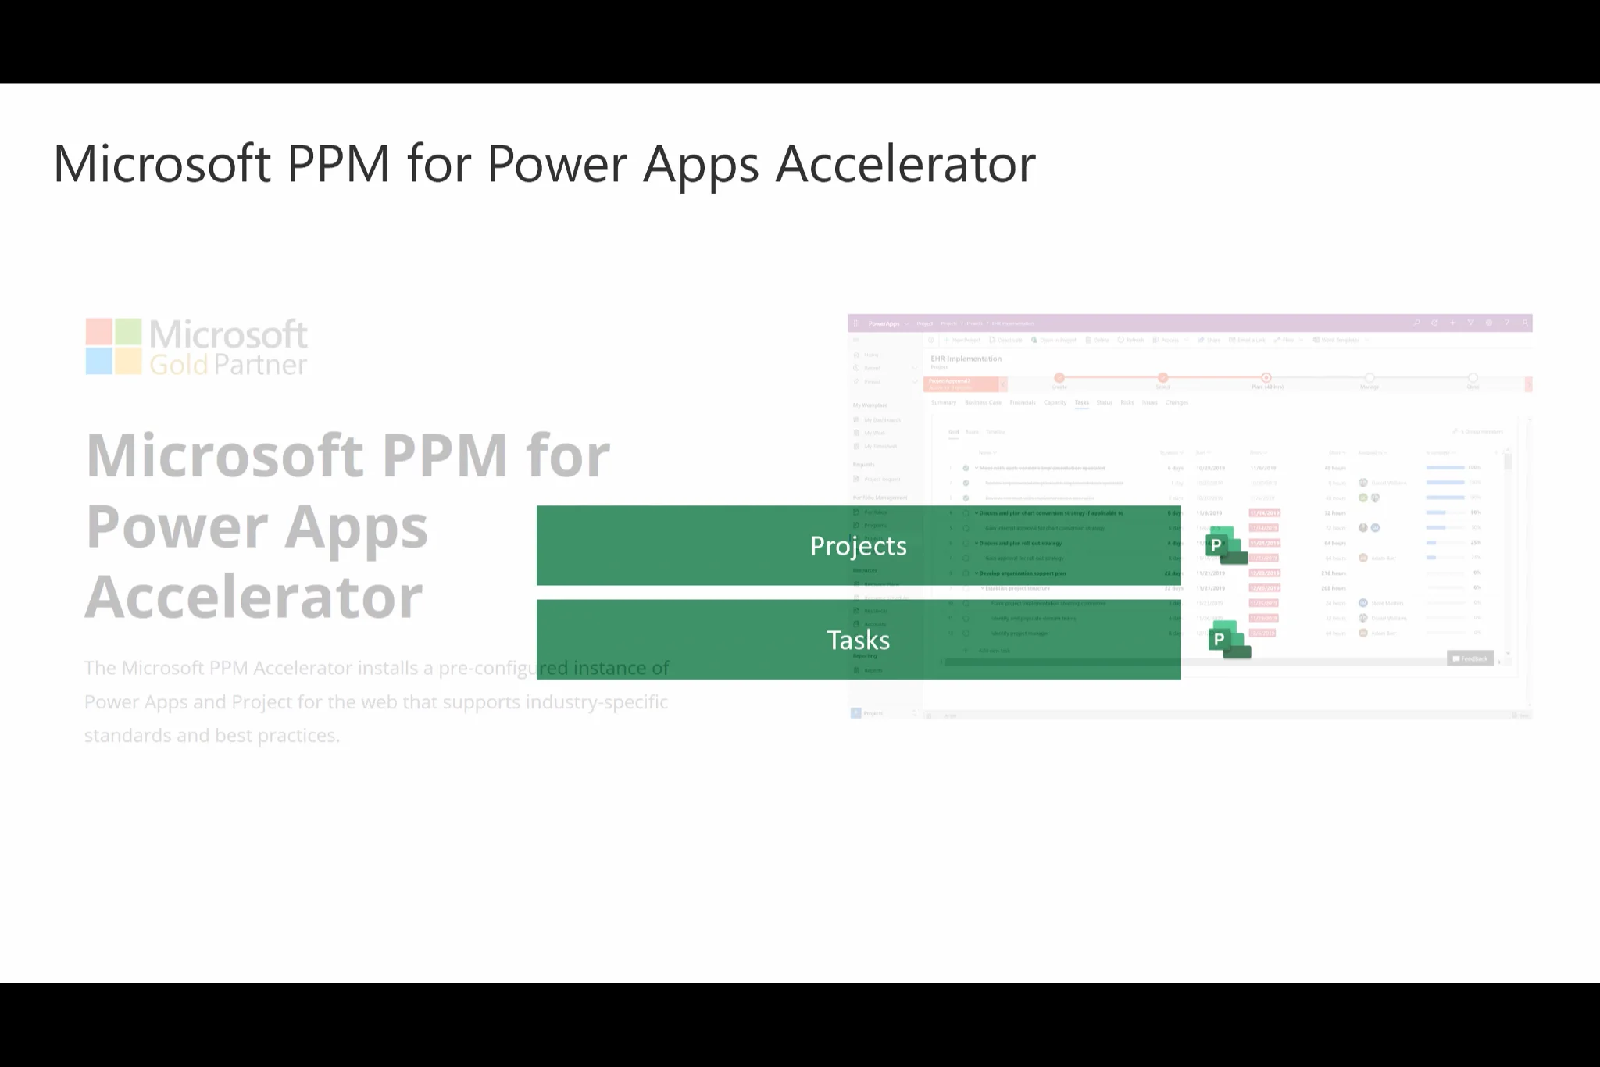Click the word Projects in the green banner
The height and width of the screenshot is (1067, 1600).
point(858,546)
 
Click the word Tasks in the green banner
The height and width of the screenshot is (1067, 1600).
point(858,641)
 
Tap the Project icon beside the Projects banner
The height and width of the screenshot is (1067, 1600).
point(1225,545)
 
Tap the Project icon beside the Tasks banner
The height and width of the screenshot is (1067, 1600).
point(1228,640)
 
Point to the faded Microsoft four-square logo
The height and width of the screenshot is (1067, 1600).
point(113,346)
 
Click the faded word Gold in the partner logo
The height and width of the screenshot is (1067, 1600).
point(178,365)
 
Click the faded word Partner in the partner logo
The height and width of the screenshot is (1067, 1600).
point(260,365)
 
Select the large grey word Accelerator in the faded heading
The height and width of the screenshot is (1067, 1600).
point(254,597)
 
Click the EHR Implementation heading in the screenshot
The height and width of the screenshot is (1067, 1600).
point(966,359)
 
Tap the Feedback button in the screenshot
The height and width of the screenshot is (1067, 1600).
point(1470,658)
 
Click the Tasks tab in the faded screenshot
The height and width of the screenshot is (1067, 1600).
point(1081,403)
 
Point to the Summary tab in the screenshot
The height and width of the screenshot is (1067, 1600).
point(943,403)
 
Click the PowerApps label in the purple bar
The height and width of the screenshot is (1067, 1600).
point(884,323)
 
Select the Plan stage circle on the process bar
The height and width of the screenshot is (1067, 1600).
point(1266,378)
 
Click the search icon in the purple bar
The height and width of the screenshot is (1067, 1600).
point(1416,323)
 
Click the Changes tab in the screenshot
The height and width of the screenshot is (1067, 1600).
point(1177,403)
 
